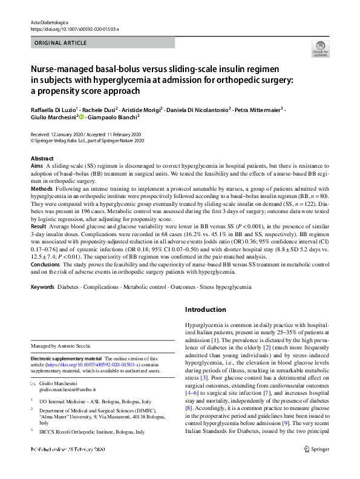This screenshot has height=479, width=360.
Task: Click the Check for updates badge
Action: coord(320,49)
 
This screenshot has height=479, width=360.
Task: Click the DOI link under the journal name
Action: coord(74,28)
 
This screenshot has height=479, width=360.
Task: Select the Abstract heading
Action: coord(42,157)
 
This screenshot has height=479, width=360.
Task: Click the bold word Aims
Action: coord(36,165)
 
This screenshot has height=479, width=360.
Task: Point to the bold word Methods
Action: coord(41,188)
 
